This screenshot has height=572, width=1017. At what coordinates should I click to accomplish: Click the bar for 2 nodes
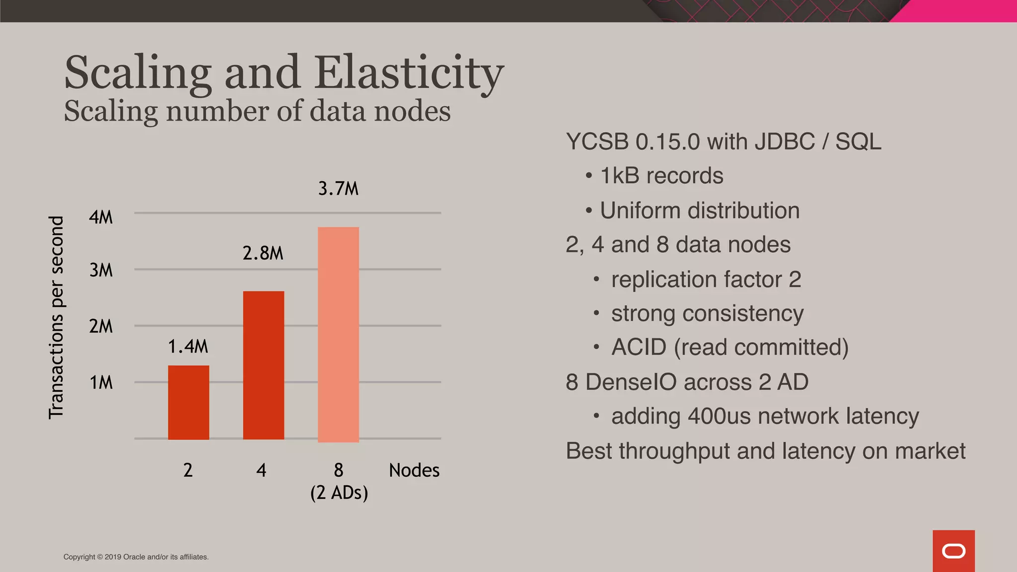(x=188, y=402)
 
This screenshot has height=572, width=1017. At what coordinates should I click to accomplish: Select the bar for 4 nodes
(x=263, y=365)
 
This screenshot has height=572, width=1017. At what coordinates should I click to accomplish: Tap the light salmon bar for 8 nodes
(x=338, y=334)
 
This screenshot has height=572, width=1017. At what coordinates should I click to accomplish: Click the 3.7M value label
(x=338, y=189)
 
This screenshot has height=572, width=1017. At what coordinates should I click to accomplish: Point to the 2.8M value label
(x=263, y=253)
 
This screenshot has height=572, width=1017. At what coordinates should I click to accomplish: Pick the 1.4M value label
(x=188, y=347)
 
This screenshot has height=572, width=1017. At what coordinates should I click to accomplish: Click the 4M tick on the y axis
(x=101, y=217)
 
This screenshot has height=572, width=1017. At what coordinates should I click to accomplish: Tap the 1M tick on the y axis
(x=101, y=383)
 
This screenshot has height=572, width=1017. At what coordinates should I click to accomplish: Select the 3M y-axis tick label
(x=101, y=271)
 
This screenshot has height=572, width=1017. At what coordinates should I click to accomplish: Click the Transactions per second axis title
(x=57, y=317)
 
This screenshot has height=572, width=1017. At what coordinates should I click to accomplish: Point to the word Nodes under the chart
(x=414, y=470)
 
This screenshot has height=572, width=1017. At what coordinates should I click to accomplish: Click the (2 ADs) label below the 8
(x=339, y=493)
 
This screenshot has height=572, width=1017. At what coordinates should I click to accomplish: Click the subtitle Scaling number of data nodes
(x=257, y=111)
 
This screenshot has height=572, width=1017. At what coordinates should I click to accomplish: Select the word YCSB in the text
(x=597, y=142)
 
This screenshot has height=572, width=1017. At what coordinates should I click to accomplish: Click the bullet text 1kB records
(x=661, y=176)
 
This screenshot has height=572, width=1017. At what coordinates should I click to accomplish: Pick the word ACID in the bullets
(x=639, y=347)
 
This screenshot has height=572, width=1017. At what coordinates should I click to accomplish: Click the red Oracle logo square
(x=953, y=551)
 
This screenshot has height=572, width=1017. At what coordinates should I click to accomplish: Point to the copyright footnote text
(x=136, y=557)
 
